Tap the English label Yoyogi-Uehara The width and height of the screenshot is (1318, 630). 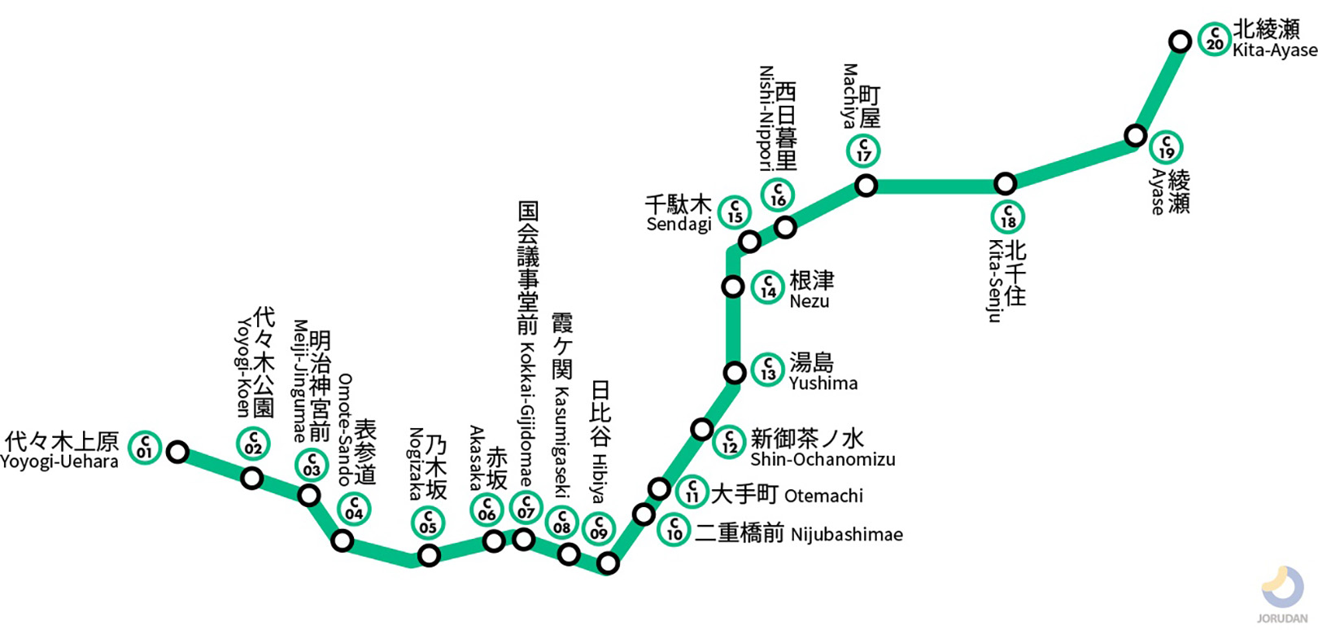click(59, 462)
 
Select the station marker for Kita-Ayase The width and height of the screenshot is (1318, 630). click(1180, 41)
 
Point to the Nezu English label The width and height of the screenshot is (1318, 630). click(810, 301)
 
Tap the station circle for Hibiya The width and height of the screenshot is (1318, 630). click(608, 562)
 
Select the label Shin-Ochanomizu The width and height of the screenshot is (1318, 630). click(823, 460)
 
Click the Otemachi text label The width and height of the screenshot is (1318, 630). click(823, 496)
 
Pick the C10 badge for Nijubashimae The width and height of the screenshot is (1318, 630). click(674, 531)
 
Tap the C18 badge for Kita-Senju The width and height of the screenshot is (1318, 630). click(1008, 217)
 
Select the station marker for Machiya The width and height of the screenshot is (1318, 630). click(866, 186)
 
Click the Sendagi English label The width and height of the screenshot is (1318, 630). click(679, 225)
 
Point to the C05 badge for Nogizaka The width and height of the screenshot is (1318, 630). click(428, 523)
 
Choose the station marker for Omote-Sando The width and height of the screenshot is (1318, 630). click(343, 540)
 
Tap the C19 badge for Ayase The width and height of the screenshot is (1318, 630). click(1166, 148)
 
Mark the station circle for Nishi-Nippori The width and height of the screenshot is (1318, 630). click(785, 227)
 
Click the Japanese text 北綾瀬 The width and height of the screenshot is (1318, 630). click(1266, 29)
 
